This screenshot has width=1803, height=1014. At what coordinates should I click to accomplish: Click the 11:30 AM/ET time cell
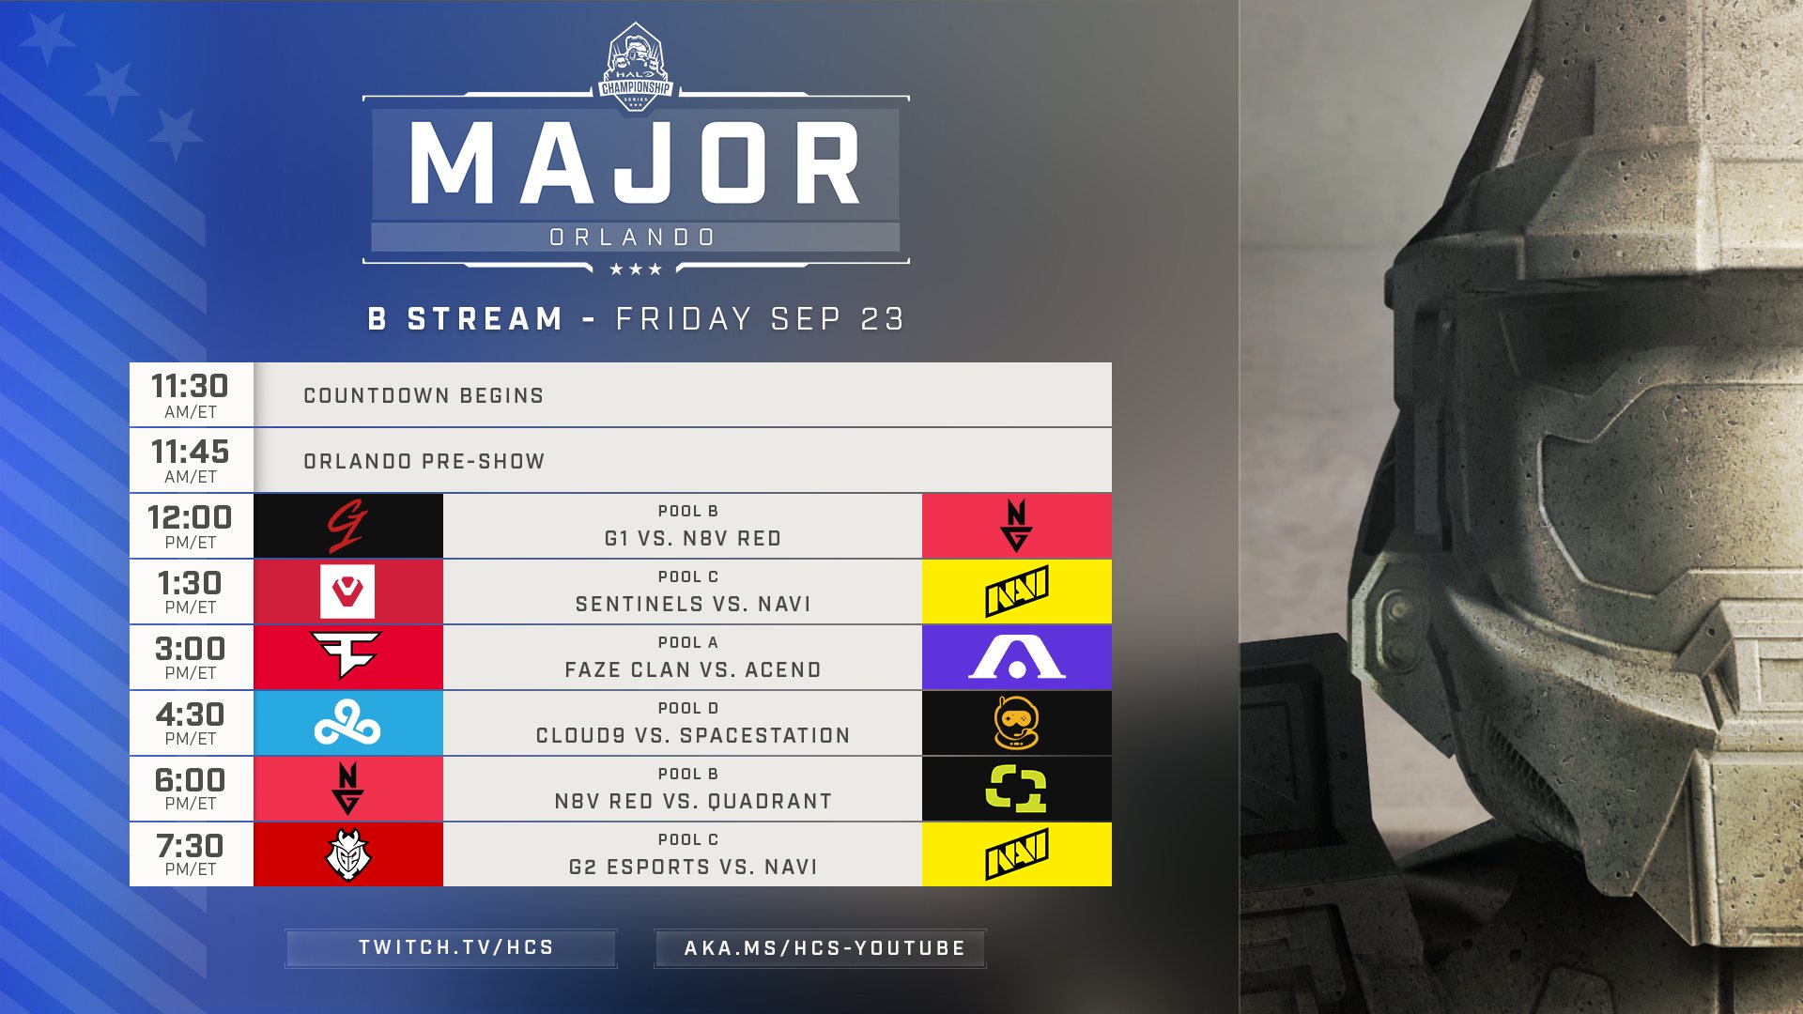[x=192, y=395]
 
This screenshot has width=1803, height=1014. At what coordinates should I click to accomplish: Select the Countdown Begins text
[x=424, y=396]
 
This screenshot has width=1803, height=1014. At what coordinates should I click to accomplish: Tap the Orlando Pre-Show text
[x=424, y=462]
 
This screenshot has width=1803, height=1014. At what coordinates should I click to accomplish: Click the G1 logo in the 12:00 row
[x=347, y=526]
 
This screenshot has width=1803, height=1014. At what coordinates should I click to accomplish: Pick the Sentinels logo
[x=347, y=591]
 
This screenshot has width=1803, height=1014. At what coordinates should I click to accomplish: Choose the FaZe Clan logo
[x=347, y=655]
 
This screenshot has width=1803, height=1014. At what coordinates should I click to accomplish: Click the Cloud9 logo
[x=347, y=724]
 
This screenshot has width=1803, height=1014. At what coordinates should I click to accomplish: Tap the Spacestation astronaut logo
[x=1016, y=723]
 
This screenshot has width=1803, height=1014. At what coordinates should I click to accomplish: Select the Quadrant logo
[x=1016, y=789]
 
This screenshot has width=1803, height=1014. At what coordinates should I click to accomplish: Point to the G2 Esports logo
[x=348, y=855]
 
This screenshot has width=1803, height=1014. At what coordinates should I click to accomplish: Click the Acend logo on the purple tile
[x=1016, y=656]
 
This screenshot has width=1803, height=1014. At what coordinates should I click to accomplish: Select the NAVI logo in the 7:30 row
[x=1016, y=854]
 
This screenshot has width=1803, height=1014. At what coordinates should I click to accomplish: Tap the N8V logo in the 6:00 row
[x=347, y=789]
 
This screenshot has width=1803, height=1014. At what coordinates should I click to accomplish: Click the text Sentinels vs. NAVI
[x=693, y=605]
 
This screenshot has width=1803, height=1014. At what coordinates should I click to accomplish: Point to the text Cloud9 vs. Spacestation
[x=693, y=736]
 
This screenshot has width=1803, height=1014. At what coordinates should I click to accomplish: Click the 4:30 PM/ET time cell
[x=192, y=724]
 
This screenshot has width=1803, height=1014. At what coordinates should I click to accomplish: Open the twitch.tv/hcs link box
[x=452, y=948]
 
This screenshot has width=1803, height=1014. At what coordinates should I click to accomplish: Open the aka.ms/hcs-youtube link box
[x=821, y=948]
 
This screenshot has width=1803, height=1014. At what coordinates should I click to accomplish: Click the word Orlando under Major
[x=633, y=238]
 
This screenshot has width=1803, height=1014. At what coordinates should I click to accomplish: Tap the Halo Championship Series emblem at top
[x=636, y=68]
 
